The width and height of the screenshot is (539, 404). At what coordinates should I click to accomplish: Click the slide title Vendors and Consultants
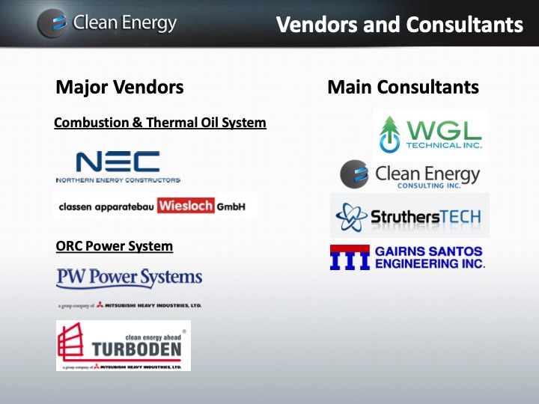tap(399, 25)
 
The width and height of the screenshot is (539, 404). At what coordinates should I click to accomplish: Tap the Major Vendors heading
tap(119, 88)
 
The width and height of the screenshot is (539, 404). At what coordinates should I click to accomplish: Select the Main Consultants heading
tap(403, 88)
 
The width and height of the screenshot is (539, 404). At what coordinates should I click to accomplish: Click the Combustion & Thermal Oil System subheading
tap(160, 122)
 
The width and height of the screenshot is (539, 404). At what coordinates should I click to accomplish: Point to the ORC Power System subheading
tap(115, 246)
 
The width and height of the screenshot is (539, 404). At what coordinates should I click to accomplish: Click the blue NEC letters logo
tap(118, 162)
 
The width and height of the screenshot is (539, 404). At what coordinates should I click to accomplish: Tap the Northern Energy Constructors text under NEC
tap(118, 180)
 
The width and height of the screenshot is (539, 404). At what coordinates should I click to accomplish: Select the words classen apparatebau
tap(105, 206)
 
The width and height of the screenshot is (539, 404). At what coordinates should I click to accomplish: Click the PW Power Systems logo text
tap(130, 278)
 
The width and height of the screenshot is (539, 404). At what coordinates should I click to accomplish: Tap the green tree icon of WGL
tap(389, 133)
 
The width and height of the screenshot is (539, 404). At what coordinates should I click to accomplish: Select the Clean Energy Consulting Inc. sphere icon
tap(354, 174)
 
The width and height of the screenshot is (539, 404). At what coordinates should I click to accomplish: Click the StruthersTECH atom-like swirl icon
tap(350, 217)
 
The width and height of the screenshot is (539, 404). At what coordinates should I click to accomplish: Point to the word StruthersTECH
tap(425, 217)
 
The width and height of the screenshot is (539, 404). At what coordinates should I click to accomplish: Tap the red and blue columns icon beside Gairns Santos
tap(350, 257)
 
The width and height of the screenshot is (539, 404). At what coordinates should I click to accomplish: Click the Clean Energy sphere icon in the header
tap(52, 23)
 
